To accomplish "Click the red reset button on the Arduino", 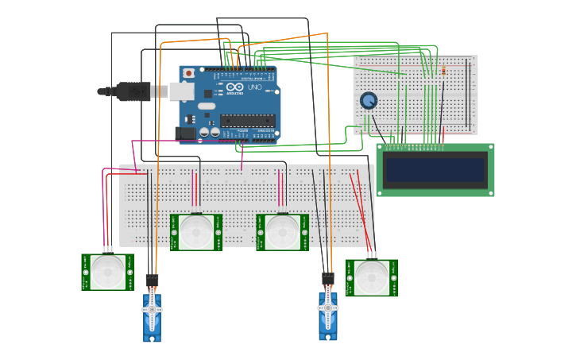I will pyautogui.click(x=188, y=73).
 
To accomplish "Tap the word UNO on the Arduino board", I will pyautogui.click(x=254, y=87).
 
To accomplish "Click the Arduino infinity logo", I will pyautogui.click(x=234, y=87).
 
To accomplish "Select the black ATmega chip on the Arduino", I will pyautogui.click(x=248, y=121).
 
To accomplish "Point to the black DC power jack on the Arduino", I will pyautogui.click(x=186, y=134).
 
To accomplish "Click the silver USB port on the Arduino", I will pyautogui.click(x=181, y=91).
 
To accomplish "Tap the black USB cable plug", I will pyautogui.click(x=133, y=91).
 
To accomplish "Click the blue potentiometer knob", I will pyautogui.click(x=368, y=101).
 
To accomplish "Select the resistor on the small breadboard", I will pyautogui.click(x=443, y=71).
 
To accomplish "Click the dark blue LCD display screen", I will pyautogui.click(x=435, y=169).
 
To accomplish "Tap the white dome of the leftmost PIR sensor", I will pyautogui.click(x=107, y=272).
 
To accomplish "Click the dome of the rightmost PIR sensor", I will pyautogui.click(x=372, y=278).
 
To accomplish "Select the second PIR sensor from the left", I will pyautogui.click(x=195, y=232).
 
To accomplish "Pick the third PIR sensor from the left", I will pyautogui.click(x=282, y=232).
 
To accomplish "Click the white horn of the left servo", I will pyautogui.click(x=152, y=309).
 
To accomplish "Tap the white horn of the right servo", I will pyautogui.click(x=328, y=308).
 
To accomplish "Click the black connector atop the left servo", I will pyautogui.click(x=152, y=280).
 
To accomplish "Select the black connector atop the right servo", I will pyautogui.click(x=328, y=278).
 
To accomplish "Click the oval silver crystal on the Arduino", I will pyautogui.click(x=207, y=106).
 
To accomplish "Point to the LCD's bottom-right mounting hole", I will pyautogui.click(x=490, y=192).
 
